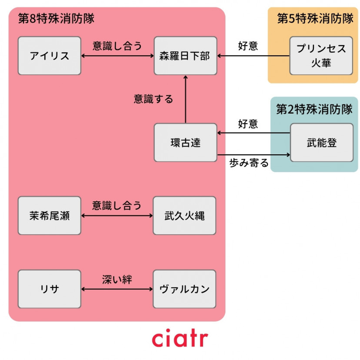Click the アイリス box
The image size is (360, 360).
point(50,56)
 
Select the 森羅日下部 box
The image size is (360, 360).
point(185,56)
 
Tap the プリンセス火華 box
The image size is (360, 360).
point(321,56)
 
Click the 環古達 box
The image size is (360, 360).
point(185,143)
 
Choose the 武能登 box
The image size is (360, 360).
point(321,143)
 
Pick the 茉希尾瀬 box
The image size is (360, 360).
point(50,216)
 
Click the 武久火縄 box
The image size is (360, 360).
point(184,216)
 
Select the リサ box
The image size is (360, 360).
point(50,289)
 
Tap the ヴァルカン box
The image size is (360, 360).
point(184,289)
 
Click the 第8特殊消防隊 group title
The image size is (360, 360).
point(56,19)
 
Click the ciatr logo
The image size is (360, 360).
point(180,339)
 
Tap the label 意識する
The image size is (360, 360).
point(153,99)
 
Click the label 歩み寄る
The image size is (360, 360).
point(249,164)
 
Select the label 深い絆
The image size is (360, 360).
point(117,279)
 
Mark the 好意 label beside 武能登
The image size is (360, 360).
point(248,124)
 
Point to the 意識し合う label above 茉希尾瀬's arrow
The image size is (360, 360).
point(117,206)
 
